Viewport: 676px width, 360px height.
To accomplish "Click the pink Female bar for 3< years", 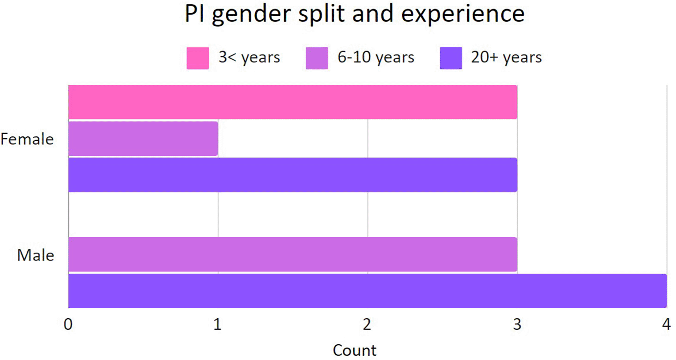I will [292, 102].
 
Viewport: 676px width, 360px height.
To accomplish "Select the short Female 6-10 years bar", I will [143, 139].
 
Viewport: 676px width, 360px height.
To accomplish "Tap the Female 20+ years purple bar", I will [292, 175].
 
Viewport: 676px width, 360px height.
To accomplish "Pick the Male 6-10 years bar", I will [292, 254].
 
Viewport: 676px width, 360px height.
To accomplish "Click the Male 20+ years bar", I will [367, 290].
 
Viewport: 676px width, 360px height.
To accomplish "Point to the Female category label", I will [27, 139].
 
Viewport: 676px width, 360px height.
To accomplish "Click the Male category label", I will [36, 255].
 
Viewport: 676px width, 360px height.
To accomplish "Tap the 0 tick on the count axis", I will [68, 324].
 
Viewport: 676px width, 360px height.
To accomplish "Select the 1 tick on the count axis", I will [218, 324].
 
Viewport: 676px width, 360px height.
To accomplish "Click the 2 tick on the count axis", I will [367, 324].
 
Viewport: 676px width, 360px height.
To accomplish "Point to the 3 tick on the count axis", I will [517, 324].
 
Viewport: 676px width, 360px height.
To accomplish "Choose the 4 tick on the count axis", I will [666, 324].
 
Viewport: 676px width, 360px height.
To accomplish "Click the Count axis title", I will [355, 350].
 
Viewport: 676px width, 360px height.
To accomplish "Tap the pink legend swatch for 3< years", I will [198, 58].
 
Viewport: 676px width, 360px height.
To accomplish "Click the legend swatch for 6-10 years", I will [317, 58].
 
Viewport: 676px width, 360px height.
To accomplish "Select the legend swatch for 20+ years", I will [451, 58].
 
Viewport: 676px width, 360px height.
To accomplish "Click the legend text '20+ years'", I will [506, 57].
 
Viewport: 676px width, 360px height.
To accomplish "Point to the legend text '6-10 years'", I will [376, 57].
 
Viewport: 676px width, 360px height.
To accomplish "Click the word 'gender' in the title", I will [251, 14].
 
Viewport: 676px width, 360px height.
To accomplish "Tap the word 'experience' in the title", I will [463, 14].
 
